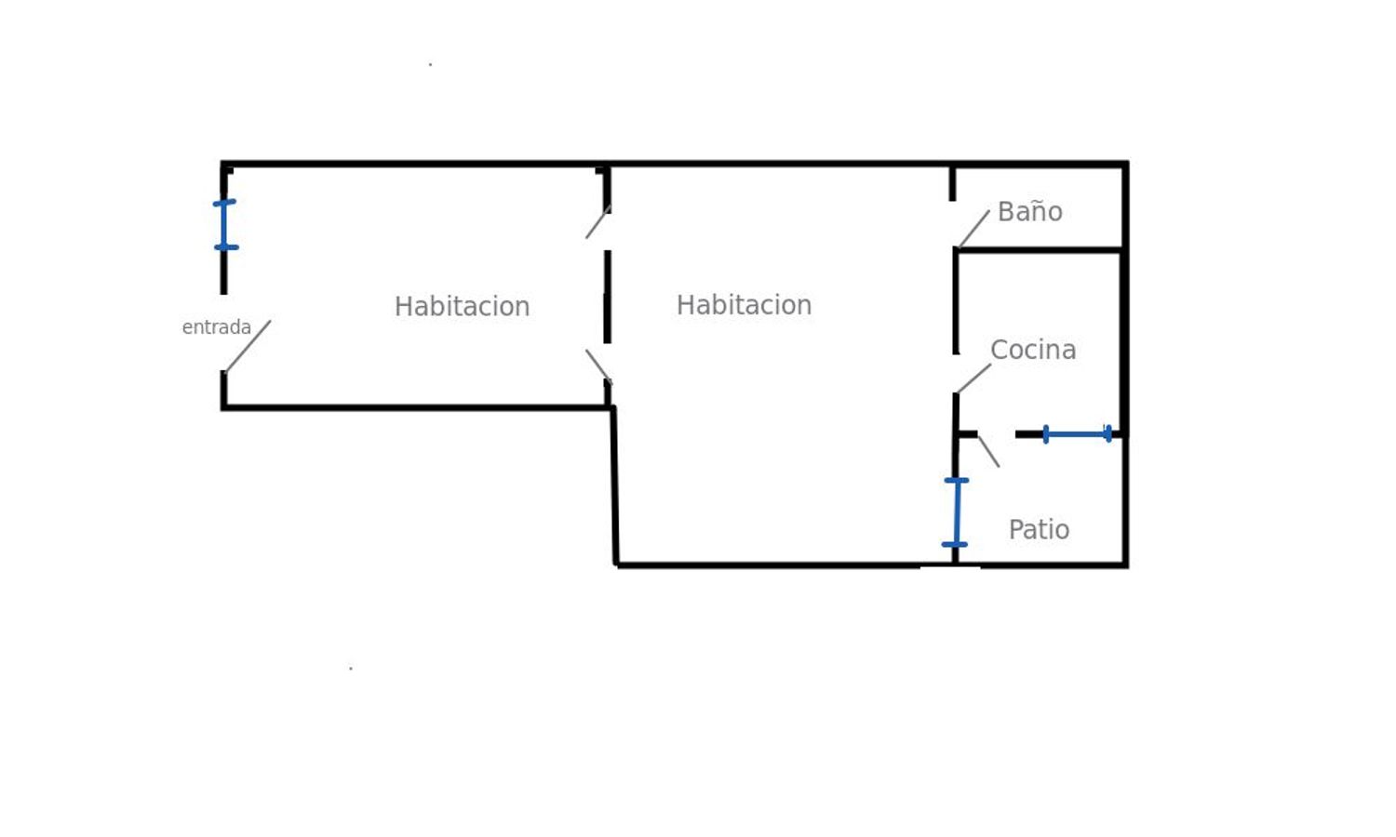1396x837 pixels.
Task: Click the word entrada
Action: coord(216,327)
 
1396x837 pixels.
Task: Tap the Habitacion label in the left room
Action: coord(462,306)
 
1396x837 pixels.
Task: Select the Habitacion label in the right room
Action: coord(744,305)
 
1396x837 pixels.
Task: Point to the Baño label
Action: coord(1029,212)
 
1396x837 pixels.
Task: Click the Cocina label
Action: coord(1033,350)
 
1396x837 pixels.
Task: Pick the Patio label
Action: coord(1039,529)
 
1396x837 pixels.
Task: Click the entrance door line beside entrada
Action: coord(248,346)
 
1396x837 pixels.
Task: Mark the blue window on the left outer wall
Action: coord(224,225)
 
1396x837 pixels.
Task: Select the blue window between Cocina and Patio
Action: coord(1077,434)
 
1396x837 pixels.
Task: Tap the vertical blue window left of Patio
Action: coord(956,512)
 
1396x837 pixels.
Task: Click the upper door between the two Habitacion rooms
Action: coord(597,222)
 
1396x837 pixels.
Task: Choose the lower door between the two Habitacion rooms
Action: coord(598,365)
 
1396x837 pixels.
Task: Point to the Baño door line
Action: coord(973,229)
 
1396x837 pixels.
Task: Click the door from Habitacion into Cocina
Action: coord(973,378)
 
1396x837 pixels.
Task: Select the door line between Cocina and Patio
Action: coord(988,451)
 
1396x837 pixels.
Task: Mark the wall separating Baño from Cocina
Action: coord(1039,250)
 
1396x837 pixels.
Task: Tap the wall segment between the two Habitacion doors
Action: coord(608,296)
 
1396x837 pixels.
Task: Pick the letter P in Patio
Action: coord(1016,529)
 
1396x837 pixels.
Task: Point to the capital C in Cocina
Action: coord(1000,350)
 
